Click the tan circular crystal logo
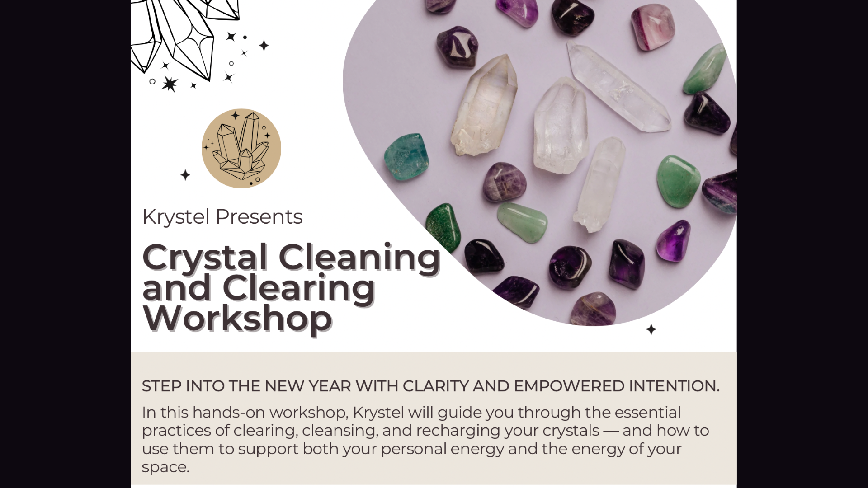pyautogui.click(x=241, y=148)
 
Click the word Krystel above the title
pyautogui.click(x=176, y=217)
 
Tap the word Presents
pyautogui.click(x=259, y=216)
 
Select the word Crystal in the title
pyautogui.click(x=205, y=258)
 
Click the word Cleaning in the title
pyautogui.click(x=359, y=258)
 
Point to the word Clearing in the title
pyautogui.click(x=299, y=288)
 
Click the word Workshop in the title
pyautogui.click(x=237, y=318)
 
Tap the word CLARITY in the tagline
pyautogui.click(x=435, y=386)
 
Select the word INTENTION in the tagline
pyautogui.click(x=674, y=386)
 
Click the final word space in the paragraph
pyautogui.click(x=165, y=468)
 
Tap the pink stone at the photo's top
pyautogui.click(x=652, y=26)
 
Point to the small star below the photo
pyautogui.click(x=651, y=330)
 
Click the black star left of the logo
pyautogui.click(x=185, y=175)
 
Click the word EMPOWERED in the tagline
pyautogui.click(x=569, y=386)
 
